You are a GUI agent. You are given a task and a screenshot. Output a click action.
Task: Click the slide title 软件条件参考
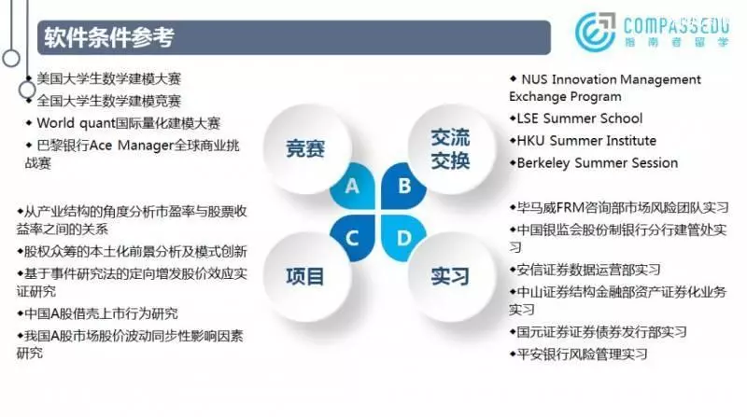(109, 37)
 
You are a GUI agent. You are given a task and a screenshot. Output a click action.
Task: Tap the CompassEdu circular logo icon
(595, 32)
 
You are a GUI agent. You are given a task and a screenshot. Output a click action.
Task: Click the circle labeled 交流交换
(451, 148)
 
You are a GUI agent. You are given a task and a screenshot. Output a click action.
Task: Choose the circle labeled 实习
(451, 276)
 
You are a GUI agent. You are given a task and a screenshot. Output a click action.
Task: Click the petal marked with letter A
(353, 187)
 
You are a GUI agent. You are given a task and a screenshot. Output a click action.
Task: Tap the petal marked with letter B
(404, 187)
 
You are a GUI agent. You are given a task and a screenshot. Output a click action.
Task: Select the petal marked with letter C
(353, 238)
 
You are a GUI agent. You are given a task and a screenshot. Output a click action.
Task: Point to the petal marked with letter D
(404, 238)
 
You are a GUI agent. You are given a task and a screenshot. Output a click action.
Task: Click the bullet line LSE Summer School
(576, 118)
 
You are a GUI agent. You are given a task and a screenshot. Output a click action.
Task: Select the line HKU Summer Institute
(583, 141)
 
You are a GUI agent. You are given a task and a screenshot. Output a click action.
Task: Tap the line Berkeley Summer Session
(594, 163)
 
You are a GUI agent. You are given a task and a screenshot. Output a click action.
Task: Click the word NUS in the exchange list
(534, 79)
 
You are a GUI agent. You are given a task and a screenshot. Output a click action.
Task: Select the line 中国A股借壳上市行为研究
(97, 313)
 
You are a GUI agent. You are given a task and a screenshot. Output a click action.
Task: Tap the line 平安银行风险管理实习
(578, 354)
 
